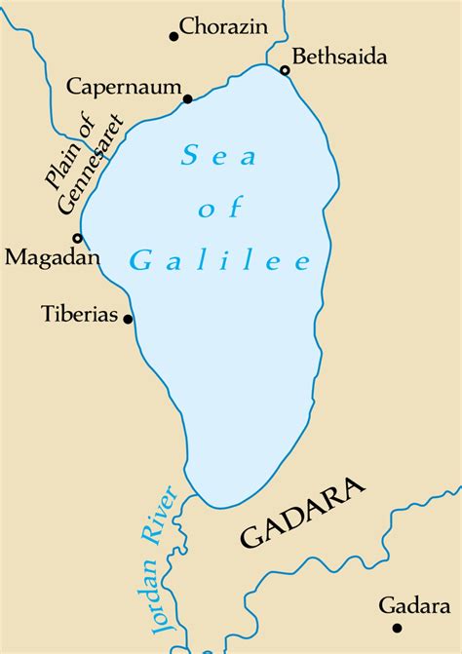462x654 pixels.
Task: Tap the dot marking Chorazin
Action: tap(173, 37)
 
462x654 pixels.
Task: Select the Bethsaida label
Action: tap(338, 58)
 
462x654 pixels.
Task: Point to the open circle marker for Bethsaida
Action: tap(285, 70)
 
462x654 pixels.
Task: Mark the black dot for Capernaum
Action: tap(187, 98)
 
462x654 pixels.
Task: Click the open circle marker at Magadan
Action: tap(77, 238)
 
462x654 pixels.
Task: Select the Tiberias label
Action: tap(80, 315)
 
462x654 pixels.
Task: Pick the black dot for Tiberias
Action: tap(127, 319)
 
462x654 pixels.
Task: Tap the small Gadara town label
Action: tap(416, 606)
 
